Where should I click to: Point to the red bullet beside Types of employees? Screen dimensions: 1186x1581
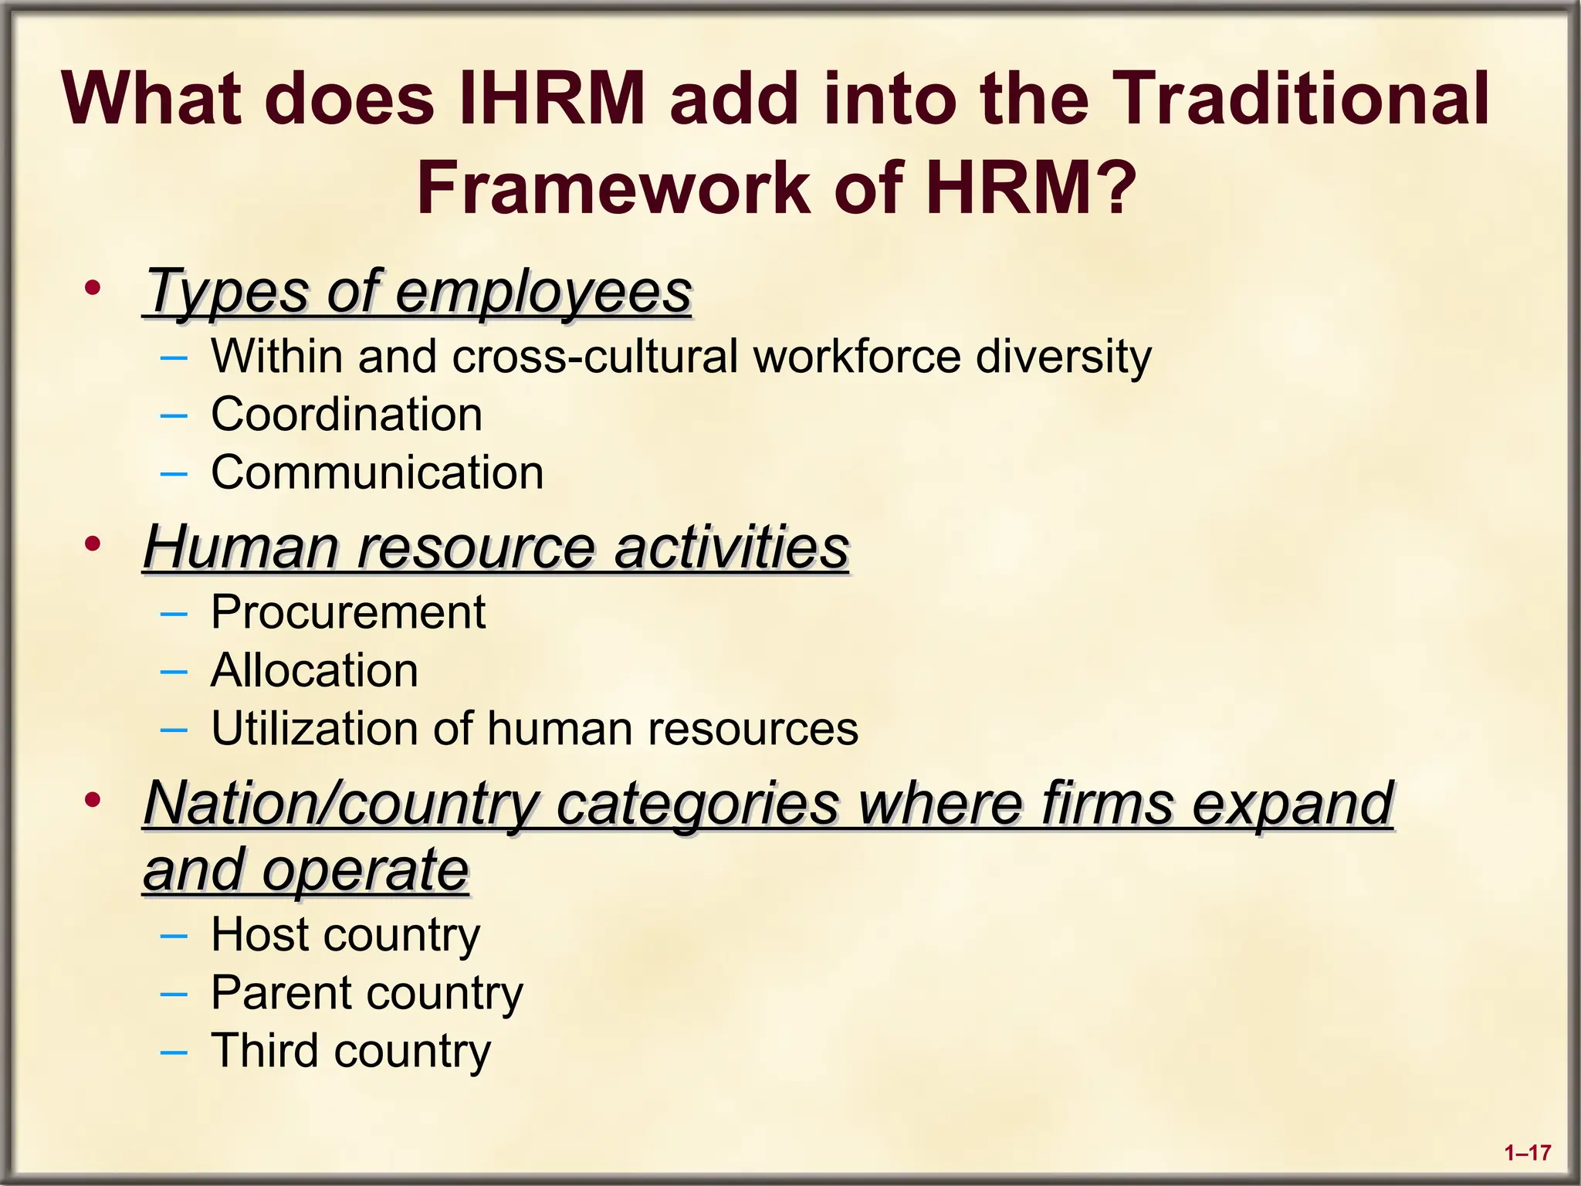pyautogui.click(x=93, y=289)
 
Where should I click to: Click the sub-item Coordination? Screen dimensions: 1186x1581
pyautogui.click(x=347, y=414)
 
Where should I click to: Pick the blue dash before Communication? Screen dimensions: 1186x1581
pyautogui.click(x=174, y=473)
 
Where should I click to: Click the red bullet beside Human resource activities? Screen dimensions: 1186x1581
pyautogui.click(x=93, y=544)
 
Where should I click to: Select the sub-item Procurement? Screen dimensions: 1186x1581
pyautogui.click(x=348, y=612)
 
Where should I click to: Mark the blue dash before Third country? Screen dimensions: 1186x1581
pyautogui.click(x=174, y=1051)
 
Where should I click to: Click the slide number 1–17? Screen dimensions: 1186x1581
pyautogui.click(x=1528, y=1154)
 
